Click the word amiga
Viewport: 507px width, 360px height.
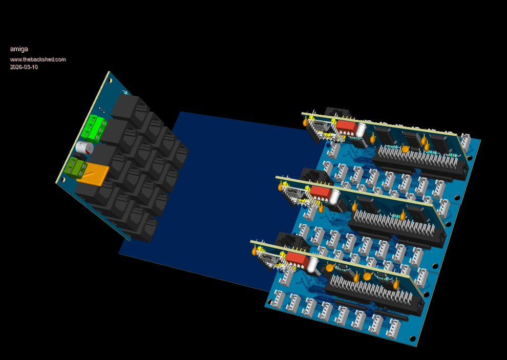pyautogui.click(x=19, y=49)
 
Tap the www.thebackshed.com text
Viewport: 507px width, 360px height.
pyautogui.click(x=38, y=59)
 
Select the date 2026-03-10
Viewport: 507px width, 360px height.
pyautogui.click(x=24, y=67)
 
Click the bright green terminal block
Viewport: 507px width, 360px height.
pyautogui.click(x=94, y=128)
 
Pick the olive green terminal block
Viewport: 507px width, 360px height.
pyautogui.click(x=75, y=167)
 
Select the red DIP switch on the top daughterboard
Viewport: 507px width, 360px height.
pyautogui.click(x=347, y=128)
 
